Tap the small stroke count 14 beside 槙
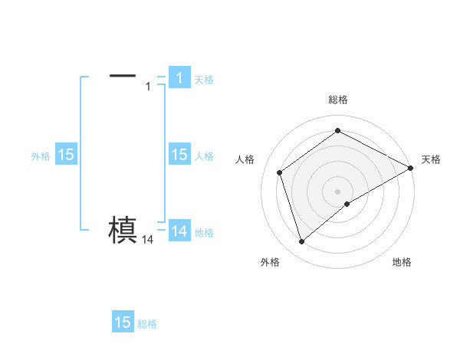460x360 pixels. (148, 240)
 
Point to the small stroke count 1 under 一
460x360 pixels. (148, 87)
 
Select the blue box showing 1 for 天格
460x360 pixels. (179, 78)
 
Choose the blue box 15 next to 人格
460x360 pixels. (179, 155)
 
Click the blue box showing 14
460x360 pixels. (179, 231)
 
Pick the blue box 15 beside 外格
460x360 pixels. (66, 155)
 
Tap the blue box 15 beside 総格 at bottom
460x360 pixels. (123, 322)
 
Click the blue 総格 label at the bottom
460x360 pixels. (147, 324)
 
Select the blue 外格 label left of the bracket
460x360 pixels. (41, 155)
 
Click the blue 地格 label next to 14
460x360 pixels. (204, 233)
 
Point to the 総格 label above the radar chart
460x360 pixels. (338, 100)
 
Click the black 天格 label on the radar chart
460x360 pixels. (431, 159)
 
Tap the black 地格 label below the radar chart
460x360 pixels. (402, 262)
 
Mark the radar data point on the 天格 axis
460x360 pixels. (411, 168)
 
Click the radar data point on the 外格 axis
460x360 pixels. (301, 242)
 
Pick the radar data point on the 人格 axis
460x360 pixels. (280, 172)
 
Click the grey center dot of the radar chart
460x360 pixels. (338, 191)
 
